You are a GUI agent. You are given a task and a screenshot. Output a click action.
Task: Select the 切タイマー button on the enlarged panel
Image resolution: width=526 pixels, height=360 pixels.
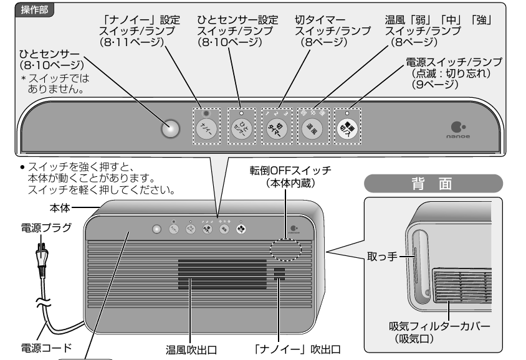tap(275, 128)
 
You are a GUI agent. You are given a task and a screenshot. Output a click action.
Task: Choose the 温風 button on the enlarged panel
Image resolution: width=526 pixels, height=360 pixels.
tap(310, 128)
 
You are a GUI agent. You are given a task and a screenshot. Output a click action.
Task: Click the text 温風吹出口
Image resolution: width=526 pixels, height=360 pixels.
tap(191, 346)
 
